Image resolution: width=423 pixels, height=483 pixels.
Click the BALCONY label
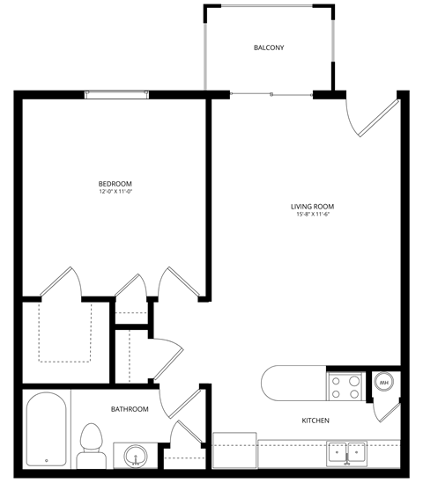(269, 48)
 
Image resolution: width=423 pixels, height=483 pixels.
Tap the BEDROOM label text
(115, 183)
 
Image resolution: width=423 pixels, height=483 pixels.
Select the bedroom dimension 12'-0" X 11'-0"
(115, 191)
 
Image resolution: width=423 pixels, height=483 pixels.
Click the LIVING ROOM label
(312, 207)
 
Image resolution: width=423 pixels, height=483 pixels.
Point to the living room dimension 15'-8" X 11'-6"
(312, 215)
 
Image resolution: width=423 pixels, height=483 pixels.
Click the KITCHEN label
(315, 421)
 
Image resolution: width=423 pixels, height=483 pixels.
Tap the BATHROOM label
(130, 409)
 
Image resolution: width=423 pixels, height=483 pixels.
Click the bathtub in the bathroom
(46, 431)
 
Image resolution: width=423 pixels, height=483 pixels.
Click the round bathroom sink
(135, 456)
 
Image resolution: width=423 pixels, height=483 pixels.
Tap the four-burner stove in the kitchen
(345, 385)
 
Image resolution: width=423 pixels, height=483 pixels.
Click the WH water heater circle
(384, 383)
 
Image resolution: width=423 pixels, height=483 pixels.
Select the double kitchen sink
(347, 452)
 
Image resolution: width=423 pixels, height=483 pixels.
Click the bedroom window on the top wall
(115, 92)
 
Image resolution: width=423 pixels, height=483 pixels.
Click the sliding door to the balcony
(271, 92)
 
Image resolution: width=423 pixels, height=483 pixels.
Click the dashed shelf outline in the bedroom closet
(65, 332)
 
